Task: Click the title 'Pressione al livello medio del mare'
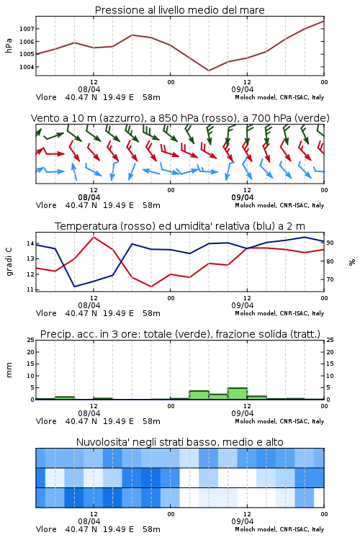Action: [x=179, y=10]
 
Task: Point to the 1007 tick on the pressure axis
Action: [x=27, y=29]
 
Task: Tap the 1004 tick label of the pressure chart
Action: [x=27, y=67]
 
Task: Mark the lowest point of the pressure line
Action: [x=209, y=71]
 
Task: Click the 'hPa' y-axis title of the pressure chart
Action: [x=9, y=45]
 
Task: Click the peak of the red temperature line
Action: [x=94, y=237]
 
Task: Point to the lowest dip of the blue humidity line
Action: [x=75, y=287]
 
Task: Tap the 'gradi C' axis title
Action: [x=9, y=262]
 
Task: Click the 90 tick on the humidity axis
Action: [x=330, y=243]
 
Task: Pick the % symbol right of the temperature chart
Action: [x=352, y=262]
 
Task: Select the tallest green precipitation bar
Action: [x=238, y=394]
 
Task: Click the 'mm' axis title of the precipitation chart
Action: [x=9, y=370]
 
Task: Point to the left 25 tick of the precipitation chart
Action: [x=31, y=340]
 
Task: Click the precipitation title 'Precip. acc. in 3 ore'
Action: [x=89, y=334]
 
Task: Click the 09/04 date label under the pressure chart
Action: [x=243, y=89]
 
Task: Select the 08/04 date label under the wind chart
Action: [x=89, y=198]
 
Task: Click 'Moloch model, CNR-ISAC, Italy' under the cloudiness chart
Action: [x=279, y=529]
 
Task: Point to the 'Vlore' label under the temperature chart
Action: [x=46, y=313]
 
